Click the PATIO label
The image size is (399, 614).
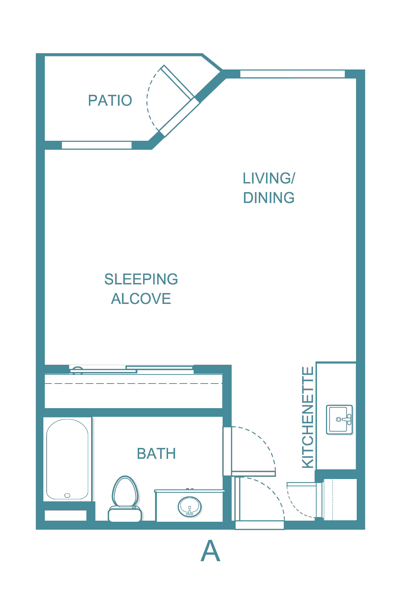coord(110,100)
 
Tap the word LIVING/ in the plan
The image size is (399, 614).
coord(269,178)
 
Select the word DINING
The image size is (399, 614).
coord(269,198)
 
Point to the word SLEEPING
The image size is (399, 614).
coord(141,279)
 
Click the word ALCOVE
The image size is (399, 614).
coord(141,298)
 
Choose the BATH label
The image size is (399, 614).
coord(156,454)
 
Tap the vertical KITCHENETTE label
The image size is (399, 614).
coord(308,417)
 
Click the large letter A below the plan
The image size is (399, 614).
coord(210,551)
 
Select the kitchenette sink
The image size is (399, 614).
coord(339,419)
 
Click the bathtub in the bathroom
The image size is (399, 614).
coord(67,459)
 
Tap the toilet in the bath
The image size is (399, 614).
coord(125,499)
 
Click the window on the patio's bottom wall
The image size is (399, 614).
coord(96,145)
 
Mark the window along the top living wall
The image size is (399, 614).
coord(292,74)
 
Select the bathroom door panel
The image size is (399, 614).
coord(253,474)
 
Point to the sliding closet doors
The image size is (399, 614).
coord(132,369)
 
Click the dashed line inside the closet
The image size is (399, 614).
coord(133,383)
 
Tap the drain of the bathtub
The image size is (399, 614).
coord(67,495)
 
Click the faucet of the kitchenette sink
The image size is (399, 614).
coord(345,419)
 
